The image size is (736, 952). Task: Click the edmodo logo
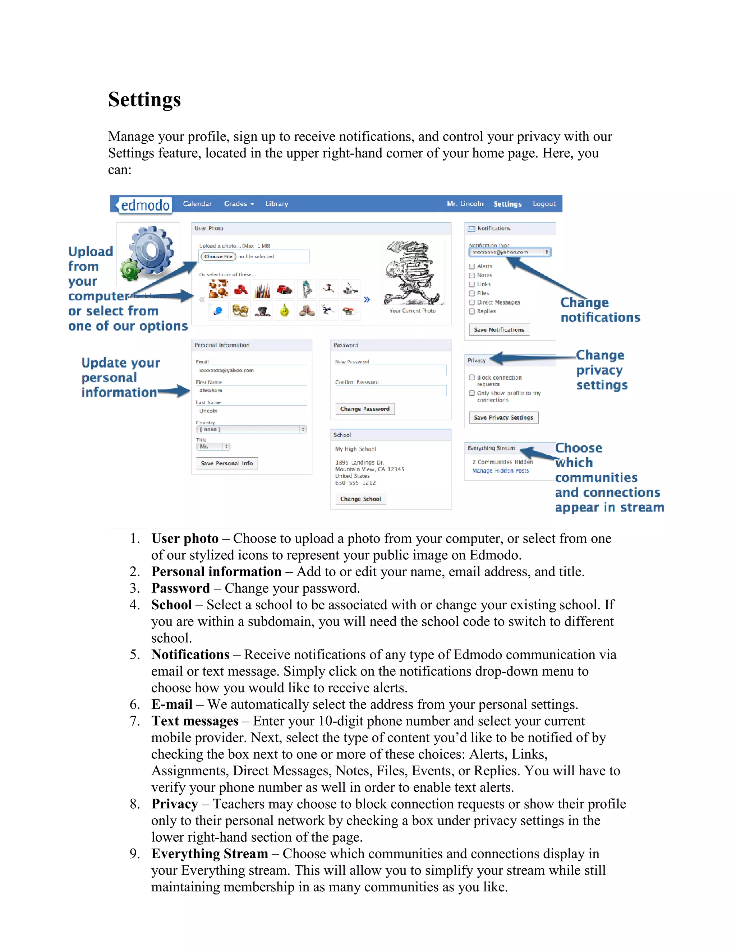click(144, 205)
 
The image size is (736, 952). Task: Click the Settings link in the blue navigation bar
click(507, 204)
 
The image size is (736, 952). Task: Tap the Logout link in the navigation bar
click(544, 204)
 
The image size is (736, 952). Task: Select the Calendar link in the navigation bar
click(197, 204)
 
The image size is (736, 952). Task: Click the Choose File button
click(218, 256)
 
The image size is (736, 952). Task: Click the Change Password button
click(364, 409)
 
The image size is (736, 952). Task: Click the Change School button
click(360, 499)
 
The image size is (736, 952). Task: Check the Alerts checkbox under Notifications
click(471, 266)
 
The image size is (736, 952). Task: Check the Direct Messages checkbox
click(471, 302)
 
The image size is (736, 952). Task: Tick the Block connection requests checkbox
click(471, 378)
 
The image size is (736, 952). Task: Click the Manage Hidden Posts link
click(501, 471)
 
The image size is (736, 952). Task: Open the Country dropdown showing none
click(251, 429)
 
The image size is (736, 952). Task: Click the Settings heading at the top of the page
click(144, 100)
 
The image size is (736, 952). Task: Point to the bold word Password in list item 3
click(180, 588)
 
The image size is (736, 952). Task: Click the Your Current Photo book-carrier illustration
click(412, 273)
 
